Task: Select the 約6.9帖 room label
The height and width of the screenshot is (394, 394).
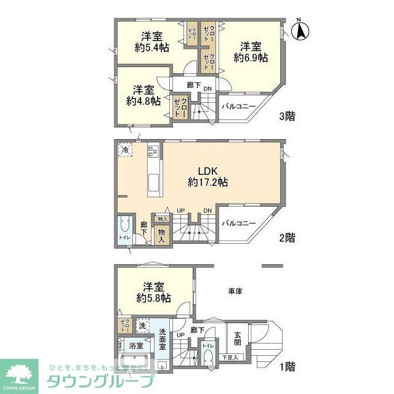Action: [x=250, y=52]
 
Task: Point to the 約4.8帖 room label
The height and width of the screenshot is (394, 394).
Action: [x=144, y=95]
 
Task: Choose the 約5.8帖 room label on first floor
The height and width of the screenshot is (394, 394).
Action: [x=153, y=292]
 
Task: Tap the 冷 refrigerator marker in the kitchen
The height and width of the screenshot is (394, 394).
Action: [x=125, y=150]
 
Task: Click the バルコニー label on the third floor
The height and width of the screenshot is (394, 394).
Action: [x=238, y=107]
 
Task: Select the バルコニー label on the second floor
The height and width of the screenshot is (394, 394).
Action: [x=238, y=223]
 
